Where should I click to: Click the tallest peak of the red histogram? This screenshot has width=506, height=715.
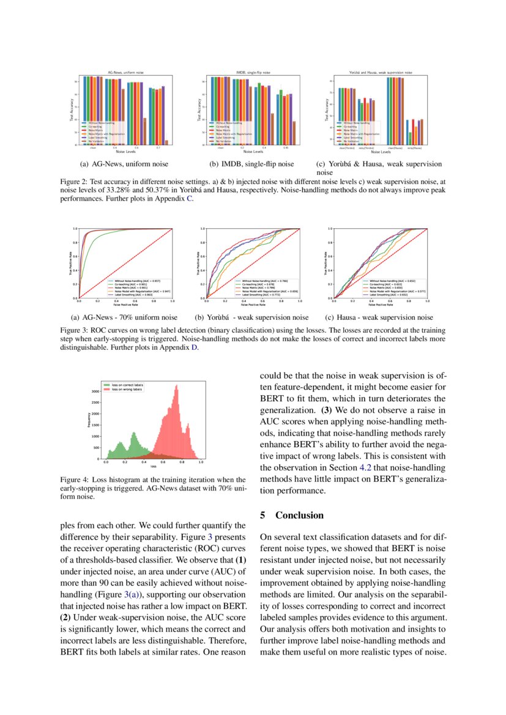coord(176,386)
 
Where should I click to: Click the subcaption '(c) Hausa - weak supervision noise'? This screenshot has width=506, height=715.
coord(379,317)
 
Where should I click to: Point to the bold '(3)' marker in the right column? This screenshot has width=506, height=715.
coord(327,410)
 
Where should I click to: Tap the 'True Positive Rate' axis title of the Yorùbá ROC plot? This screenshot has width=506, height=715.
coord(198,263)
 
